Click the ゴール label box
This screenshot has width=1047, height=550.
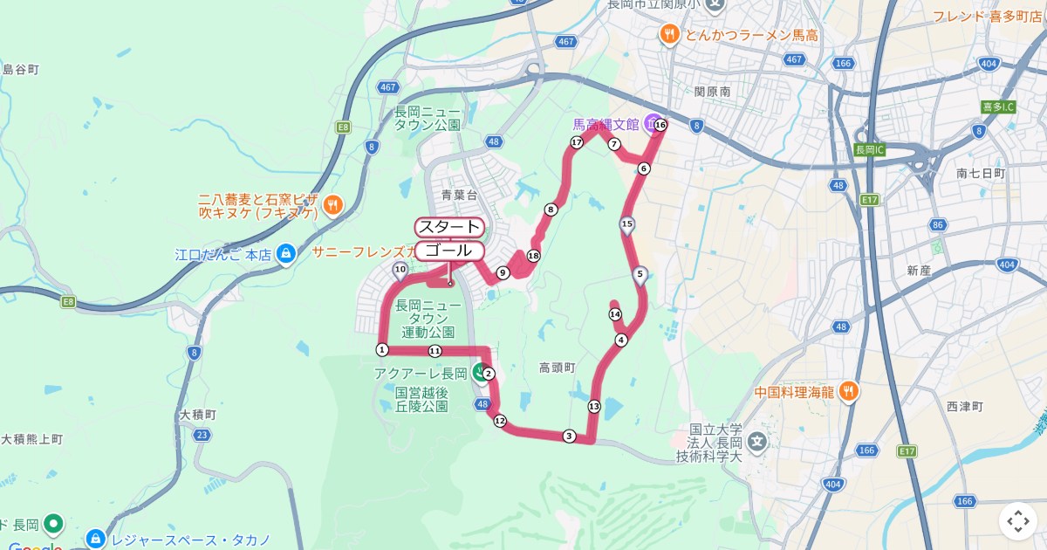pyautogui.click(x=448, y=251)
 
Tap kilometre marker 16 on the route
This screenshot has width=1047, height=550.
pyautogui.click(x=660, y=126)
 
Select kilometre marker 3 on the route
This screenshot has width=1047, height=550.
pyautogui.click(x=569, y=436)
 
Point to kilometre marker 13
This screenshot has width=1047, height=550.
pyautogui.click(x=594, y=406)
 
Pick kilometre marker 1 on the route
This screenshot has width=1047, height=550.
pyautogui.click(x=381, y=349)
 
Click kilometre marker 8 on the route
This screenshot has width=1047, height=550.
pyautogui.click(x=551, y=210)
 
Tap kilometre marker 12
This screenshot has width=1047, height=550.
pyautogui.click(x=500, y=421)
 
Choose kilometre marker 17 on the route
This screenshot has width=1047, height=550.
pyautogui.click(x=576, y=142)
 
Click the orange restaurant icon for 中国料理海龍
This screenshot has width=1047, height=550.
pyautogui.click(x=848, y=391)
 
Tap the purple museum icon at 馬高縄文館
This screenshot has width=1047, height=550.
pyautogui.click(x=651, y=125)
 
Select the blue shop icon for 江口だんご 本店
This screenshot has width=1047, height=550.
pyautogui.click(x=284, y=255)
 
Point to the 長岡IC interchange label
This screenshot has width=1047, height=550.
pyautogui.click(x=870, y=149)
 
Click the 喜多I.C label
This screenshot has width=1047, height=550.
pyautogui.click(x=998, y=107)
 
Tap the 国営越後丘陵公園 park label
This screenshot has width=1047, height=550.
pyautogui.click(x=421, y=400)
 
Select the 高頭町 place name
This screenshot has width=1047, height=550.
pyautogui.click(x=557, y=368)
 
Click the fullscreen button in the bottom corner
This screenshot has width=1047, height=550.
pyautogui.click(x=1017, y=521)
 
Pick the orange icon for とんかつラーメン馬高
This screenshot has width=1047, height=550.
pyautogui.click(x=669, y=34)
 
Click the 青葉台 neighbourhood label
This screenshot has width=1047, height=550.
pyautogui.click(x=460, y=195)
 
